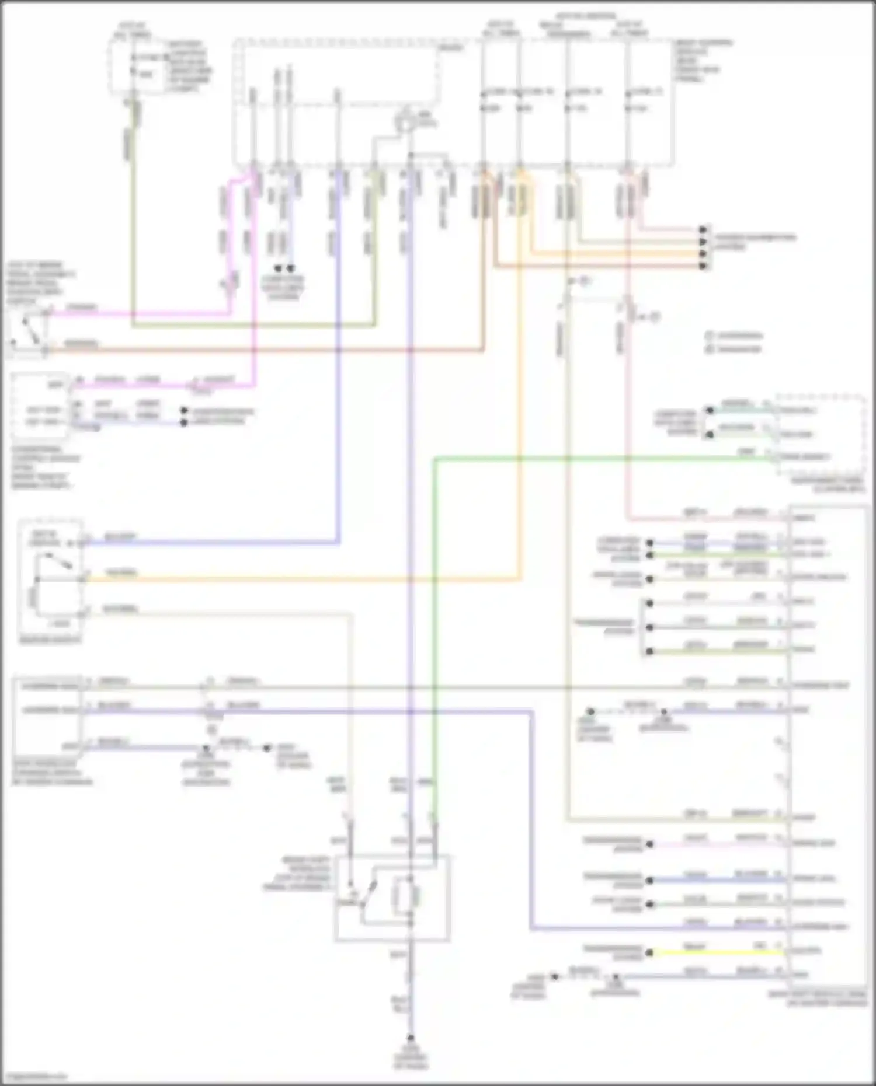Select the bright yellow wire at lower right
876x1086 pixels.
724,952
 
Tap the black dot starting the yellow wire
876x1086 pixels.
649,952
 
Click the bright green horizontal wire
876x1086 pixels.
584,459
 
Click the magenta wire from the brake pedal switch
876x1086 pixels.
140,314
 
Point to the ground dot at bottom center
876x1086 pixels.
411,1038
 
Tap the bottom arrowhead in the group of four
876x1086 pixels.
704,266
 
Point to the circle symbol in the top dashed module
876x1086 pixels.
405,123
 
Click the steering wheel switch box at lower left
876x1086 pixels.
47,714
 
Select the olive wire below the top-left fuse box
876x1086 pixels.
133,222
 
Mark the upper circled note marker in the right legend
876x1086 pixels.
710,336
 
